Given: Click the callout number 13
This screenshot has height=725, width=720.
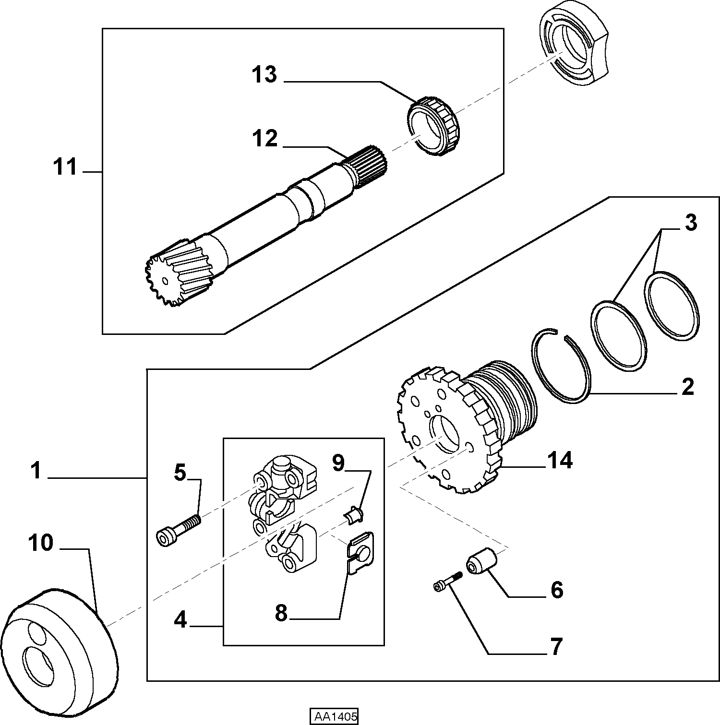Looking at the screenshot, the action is [264, 75].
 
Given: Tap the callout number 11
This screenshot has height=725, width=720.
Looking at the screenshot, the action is [65, 167].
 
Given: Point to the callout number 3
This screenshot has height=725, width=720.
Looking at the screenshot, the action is [690, 224].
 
